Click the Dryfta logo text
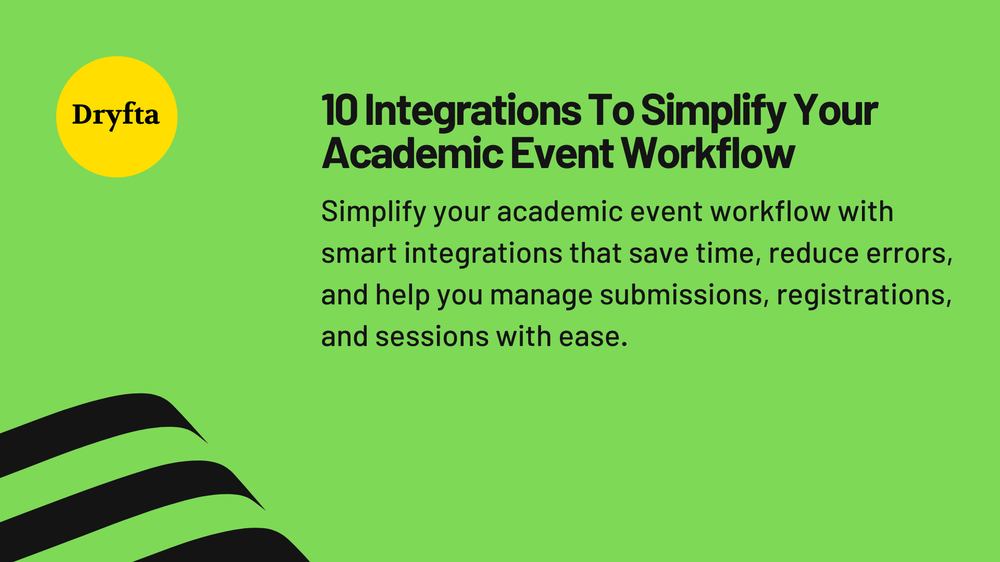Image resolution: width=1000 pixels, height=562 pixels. (116, 116)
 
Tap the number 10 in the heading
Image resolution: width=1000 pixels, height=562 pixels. (340, 110)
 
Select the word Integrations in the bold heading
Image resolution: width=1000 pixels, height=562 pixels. (473, 111)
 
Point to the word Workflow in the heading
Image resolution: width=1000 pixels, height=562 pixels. (708, 154)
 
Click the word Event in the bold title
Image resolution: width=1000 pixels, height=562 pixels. (562, 154)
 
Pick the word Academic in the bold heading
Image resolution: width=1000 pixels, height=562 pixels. (413, 154)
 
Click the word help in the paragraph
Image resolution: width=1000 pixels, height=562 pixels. (402, 296)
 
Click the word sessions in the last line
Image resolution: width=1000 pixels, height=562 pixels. (432, 337)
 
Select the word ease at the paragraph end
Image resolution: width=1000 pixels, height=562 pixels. (593, 337)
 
